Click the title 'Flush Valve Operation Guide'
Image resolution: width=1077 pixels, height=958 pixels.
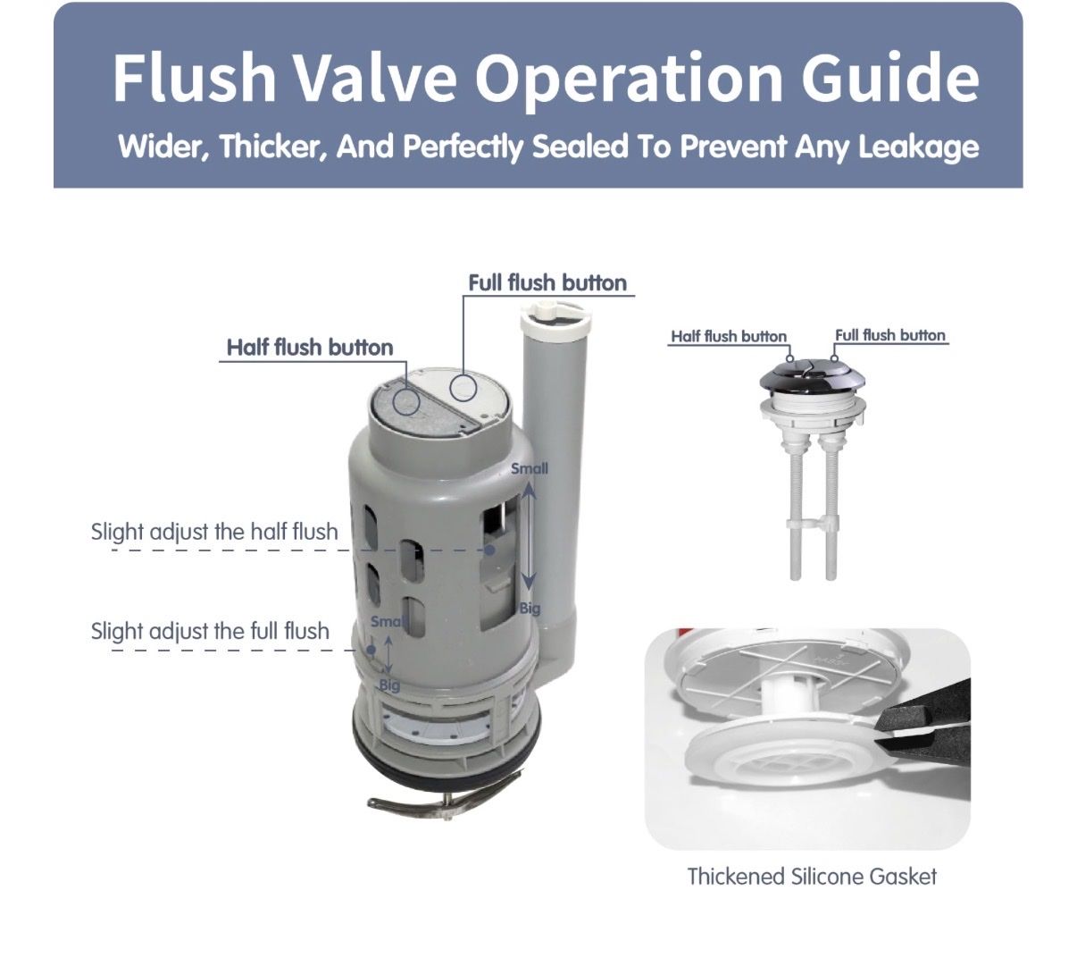546,78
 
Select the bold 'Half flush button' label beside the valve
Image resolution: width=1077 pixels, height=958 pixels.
310,348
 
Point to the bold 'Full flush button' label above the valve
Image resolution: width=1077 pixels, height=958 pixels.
547,282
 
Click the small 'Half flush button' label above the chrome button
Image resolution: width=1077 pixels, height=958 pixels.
729,336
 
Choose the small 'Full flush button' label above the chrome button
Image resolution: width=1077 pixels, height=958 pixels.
889,335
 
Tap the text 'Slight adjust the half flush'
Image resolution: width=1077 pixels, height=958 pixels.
214,532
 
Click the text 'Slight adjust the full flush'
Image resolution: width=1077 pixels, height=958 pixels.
210,632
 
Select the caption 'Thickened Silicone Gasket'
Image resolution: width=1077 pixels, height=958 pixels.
812,877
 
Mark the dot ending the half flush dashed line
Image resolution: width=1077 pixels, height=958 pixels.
490,550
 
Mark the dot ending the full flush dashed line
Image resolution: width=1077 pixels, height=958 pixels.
372,650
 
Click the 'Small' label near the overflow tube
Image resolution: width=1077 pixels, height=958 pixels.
529,468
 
